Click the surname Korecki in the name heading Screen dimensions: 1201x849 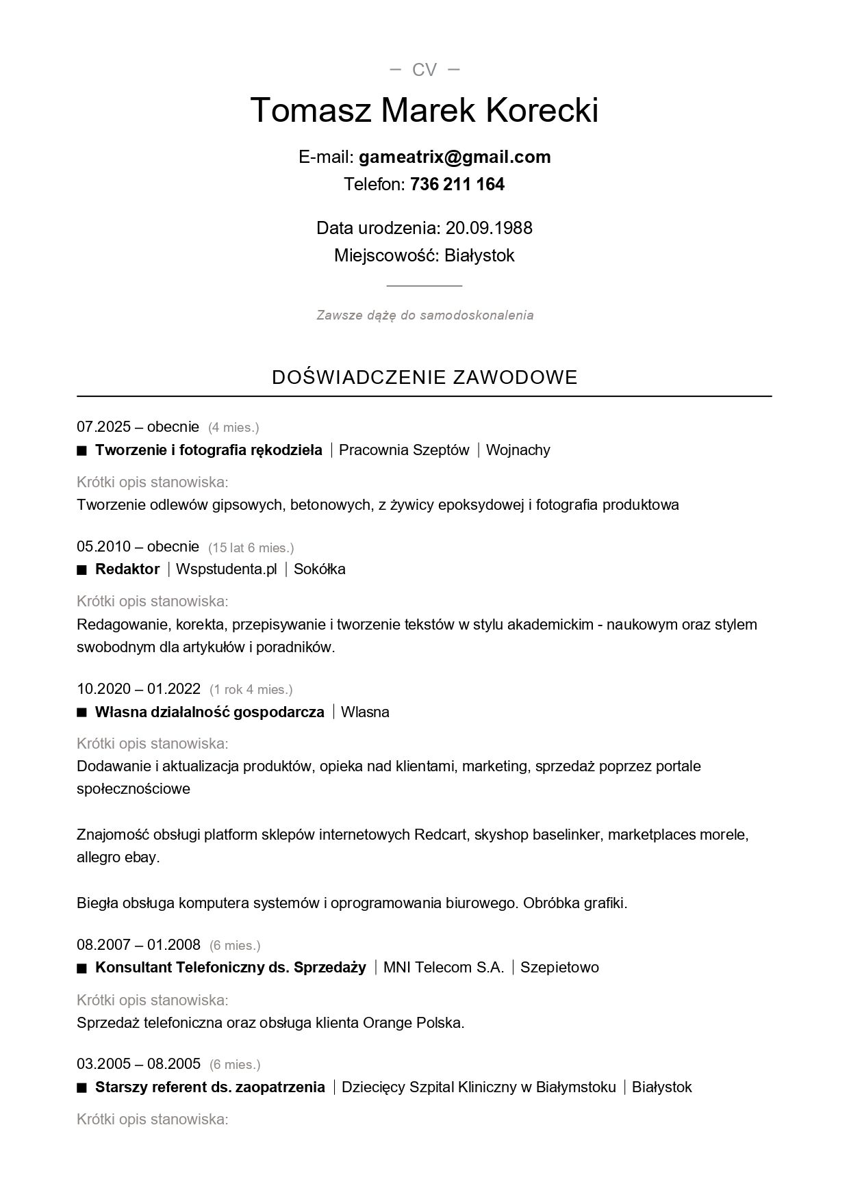pyautogui.click(x=542, y=110)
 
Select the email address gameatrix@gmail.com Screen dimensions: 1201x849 pyautogui.click(x=455, y=157)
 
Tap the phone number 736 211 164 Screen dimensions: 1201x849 pyautogui.click(x=457, y=184)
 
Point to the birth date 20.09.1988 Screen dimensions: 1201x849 pyautogui.click(x=489, y=228)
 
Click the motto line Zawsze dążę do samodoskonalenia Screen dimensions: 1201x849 pyautogui.click(x=424, y=315)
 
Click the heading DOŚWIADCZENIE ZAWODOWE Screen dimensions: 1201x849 pyautogui.click(x=424, y=377)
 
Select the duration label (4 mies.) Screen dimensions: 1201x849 pyautogui.click(x=233, y=428)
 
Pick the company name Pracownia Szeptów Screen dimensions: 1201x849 pyautogui.click(x=404, y=450)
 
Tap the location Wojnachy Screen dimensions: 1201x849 pyautogui.click(x=518, y=450)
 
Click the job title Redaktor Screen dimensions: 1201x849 pyautogui.click(x=127, y=569)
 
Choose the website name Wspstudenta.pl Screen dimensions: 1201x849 pyautogui.click(x=227, y=569)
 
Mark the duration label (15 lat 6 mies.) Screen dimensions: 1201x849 pyautogui.click(x=251, y=547)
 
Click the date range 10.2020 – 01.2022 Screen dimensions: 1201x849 pyautogui.click(x=138, y=688)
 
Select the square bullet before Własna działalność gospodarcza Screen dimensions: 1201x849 pyautogui.click(x=82, y=712)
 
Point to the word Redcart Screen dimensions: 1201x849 pyautogui.click(x=441, y=834)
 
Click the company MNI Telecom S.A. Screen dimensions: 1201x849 pyautogui.click(x=444, y=967)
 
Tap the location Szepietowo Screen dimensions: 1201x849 pyautogui.click(x=559, y=967)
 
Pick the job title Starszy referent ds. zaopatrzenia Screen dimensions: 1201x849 pyautogui.click(x=210, y=1087)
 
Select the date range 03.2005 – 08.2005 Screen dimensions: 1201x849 pyautogui.click(x=138, y=1063)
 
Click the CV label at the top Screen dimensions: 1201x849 pyautogui.click(x=424, y=70)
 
